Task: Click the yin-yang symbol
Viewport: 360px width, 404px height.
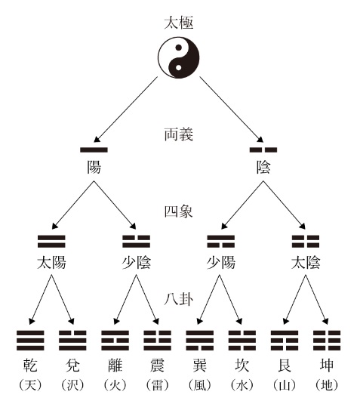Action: (178, 57)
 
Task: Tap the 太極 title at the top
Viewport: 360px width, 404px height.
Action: (179, 23)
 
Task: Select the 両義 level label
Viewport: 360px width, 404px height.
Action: (178, 134)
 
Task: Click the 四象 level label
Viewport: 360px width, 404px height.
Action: (178, 211)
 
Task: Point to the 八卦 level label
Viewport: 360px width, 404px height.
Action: (178, 299)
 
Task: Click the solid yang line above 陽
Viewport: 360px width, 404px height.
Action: (94, 150)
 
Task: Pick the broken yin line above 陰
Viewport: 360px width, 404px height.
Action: (263, 150)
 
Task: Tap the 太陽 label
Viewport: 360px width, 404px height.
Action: (51, 263)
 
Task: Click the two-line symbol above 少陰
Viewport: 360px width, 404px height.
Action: (136, 241)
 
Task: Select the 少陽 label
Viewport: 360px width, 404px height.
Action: (221, 263)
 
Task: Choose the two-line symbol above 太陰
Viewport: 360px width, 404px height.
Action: (306, 241)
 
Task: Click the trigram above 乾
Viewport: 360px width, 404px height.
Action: (30, 341)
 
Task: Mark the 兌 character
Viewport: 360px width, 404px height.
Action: (72, 365)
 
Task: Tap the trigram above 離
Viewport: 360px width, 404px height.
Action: (115, 341)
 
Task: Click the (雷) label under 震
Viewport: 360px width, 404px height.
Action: (157, 385)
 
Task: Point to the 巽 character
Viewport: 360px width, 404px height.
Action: (199, 365)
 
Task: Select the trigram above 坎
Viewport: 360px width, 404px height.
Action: (242, 341)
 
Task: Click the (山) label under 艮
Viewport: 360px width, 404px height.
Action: (285, 385)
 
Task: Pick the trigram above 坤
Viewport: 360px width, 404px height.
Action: (327, 341)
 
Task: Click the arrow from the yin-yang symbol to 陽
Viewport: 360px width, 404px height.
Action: (126, 109)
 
